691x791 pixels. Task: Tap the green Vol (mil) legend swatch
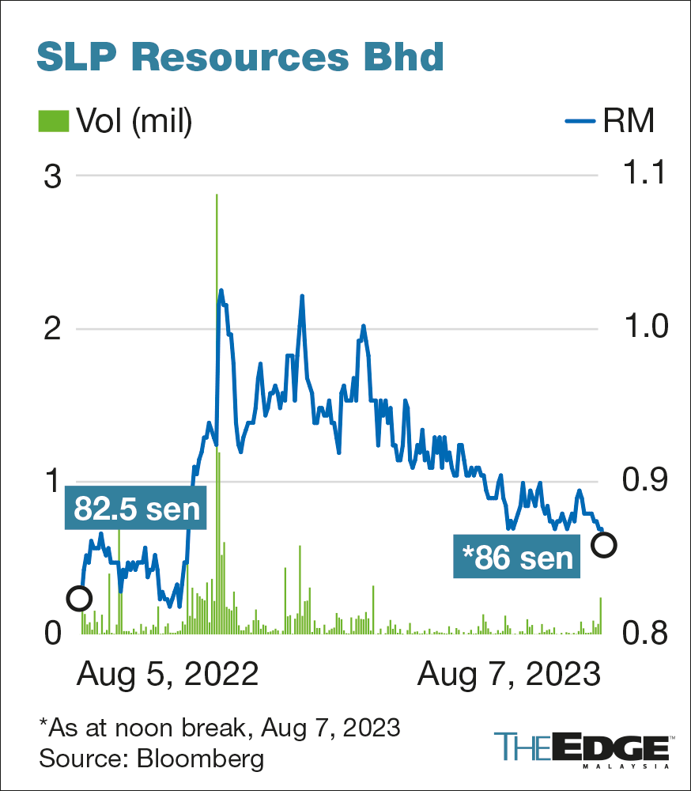coord(54,121)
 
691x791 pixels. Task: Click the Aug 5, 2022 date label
coord(168,675)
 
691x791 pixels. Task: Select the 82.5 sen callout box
coord(136,509)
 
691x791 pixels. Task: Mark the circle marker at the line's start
coord(78,598)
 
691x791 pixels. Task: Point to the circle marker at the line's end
coord(604,544)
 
